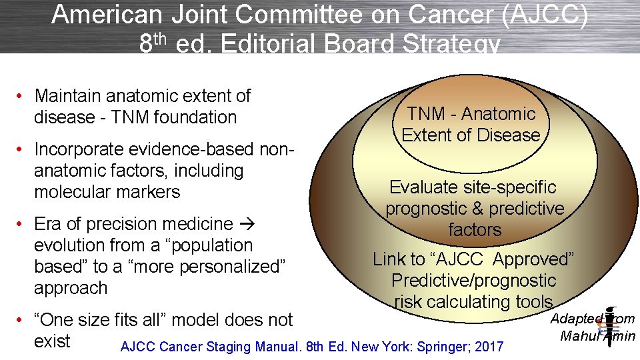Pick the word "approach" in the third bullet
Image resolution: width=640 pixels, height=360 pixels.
pos(71,288)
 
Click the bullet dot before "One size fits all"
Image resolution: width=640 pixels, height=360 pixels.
pos(22,320)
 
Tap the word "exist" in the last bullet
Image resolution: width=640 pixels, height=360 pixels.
pos(52,341)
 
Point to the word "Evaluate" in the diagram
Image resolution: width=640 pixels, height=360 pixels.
pos(424,187)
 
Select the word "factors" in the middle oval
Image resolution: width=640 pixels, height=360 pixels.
pos(475,230)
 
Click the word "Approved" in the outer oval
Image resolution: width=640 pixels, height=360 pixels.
pos(531,259)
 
